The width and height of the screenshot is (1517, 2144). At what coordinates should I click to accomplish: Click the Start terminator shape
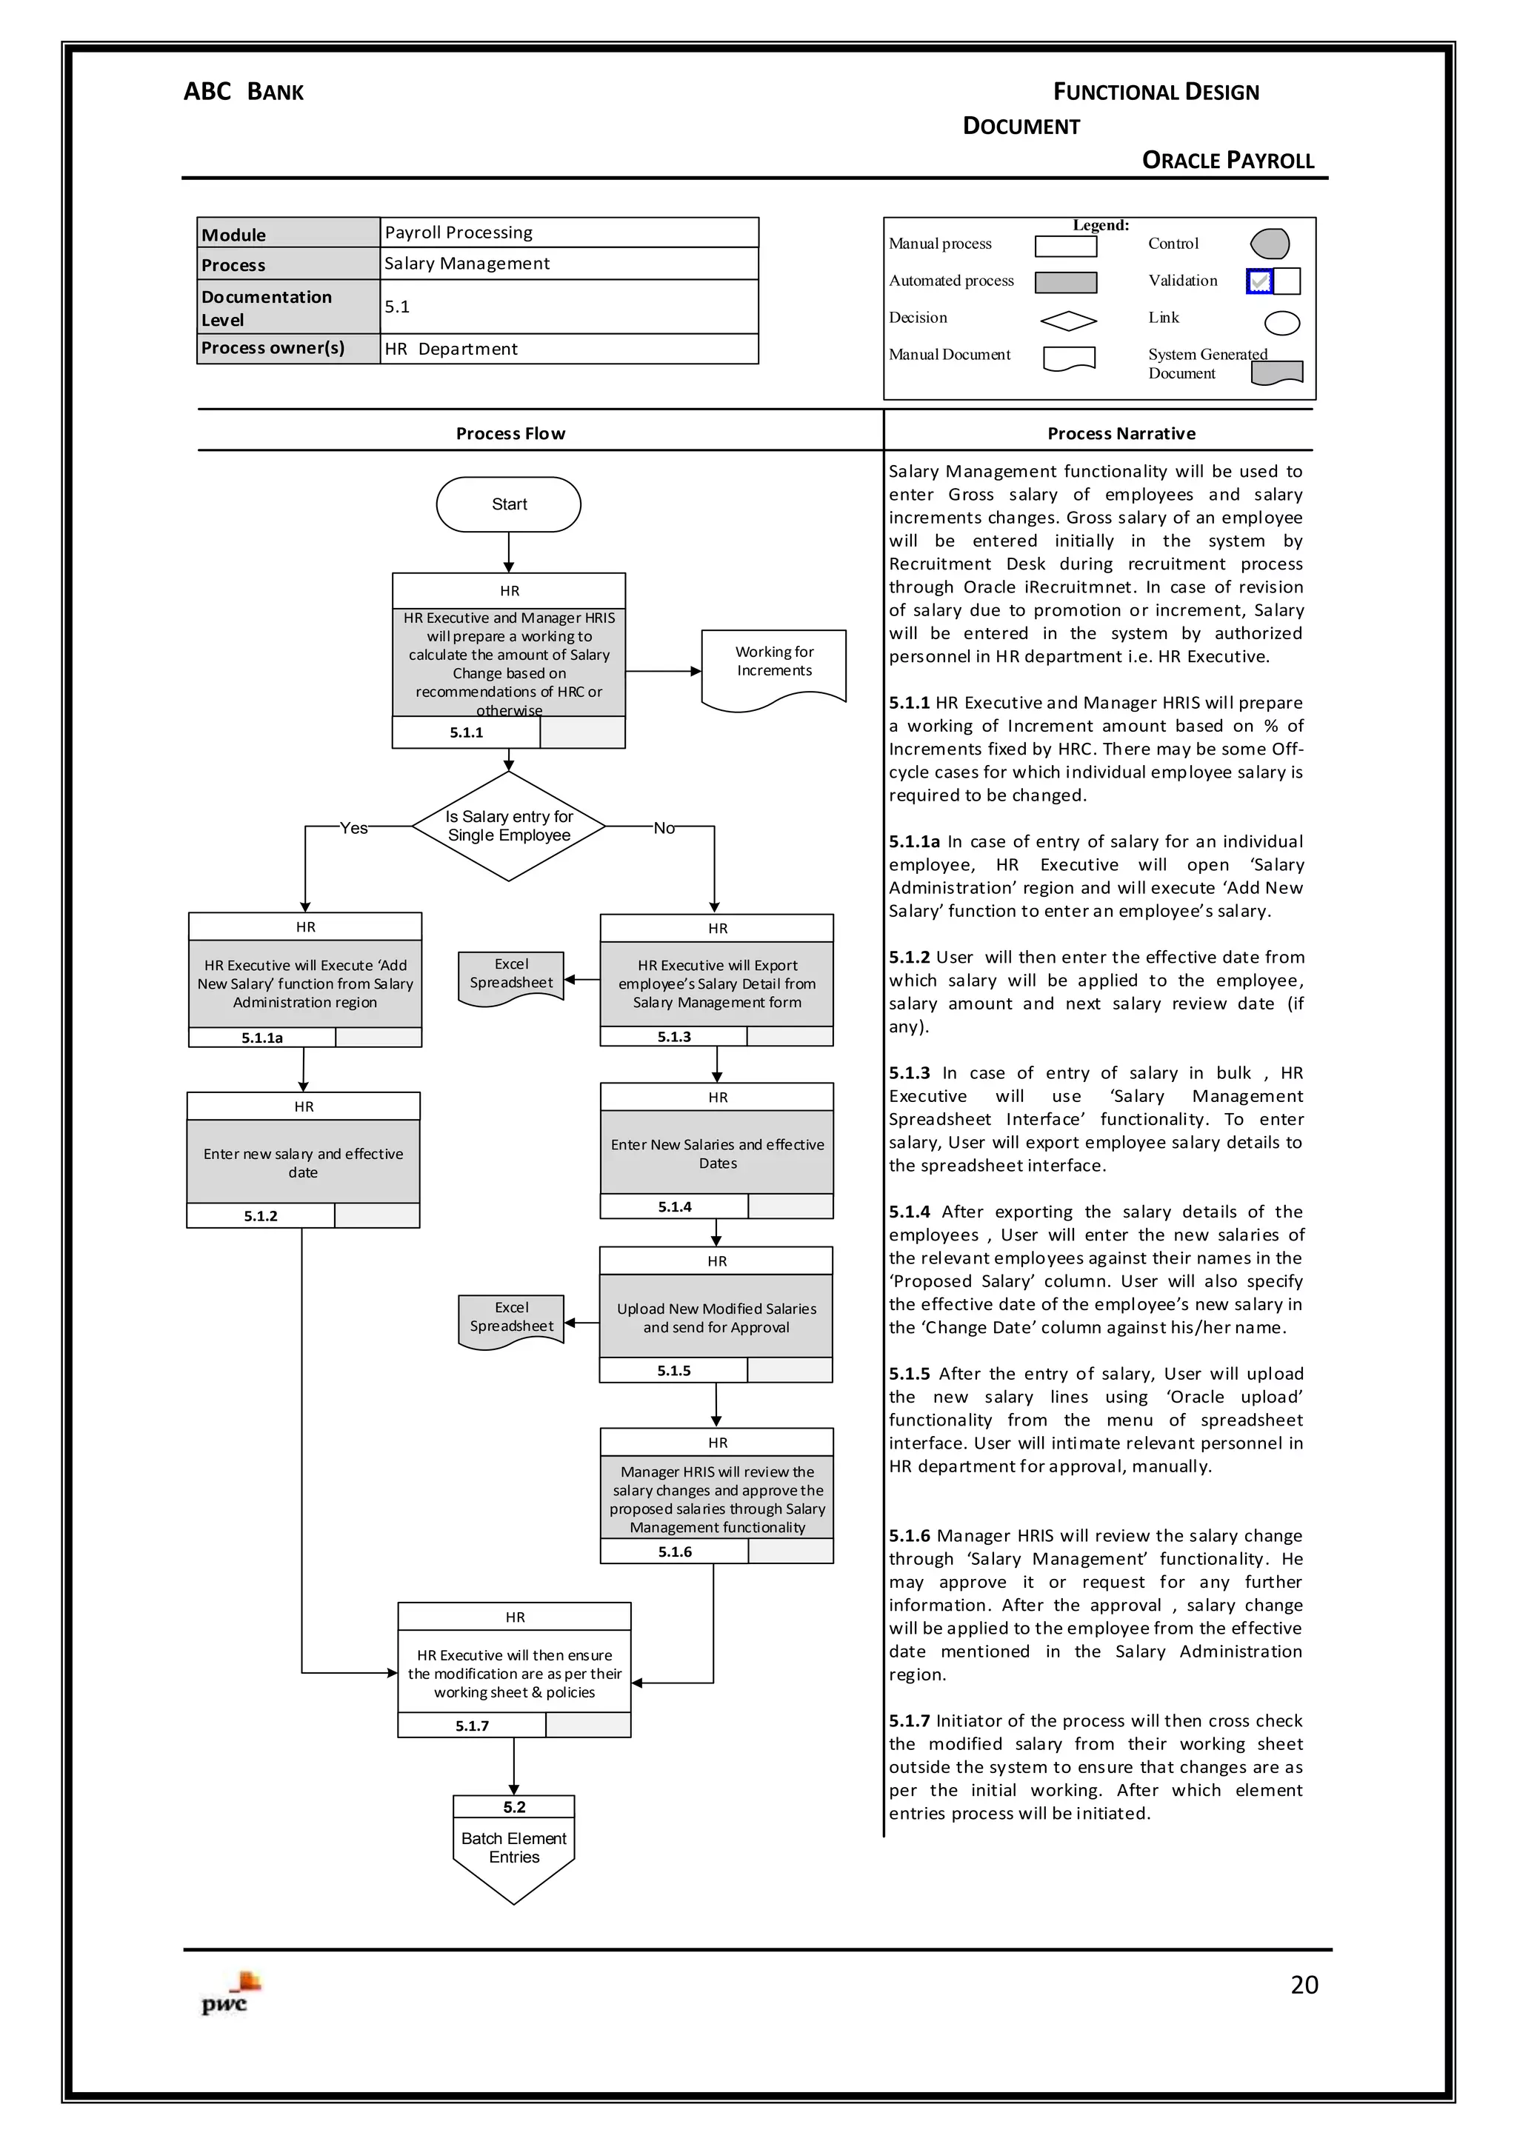click(x=508, y=504)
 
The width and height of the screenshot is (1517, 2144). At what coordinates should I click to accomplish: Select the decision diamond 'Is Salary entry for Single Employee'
click(x=508, y=826)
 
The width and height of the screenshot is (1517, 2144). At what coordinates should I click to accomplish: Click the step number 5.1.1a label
click(x=261, y=1038)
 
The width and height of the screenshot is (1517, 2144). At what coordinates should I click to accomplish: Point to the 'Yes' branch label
click(x=353, y=827)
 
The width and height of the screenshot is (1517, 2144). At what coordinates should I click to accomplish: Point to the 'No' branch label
click(x=663, y=827)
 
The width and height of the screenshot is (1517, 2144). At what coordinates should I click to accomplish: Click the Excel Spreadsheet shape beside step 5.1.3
click(x=511, y=977)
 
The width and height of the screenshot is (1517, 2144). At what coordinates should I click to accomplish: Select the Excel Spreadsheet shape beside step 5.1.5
click(x=511, y=1320)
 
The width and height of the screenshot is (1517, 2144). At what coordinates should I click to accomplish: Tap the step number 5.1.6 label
click(x=675, y=1551)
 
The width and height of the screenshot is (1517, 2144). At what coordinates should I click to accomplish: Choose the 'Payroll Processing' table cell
click(x=568, y=233)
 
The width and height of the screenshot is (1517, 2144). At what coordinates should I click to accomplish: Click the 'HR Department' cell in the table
click(x=568, y=348)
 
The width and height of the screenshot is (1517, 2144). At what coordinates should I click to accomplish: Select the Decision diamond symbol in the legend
click(x=1069, y=321)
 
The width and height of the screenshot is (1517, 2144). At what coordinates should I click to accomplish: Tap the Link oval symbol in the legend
click(x=1281, y=323)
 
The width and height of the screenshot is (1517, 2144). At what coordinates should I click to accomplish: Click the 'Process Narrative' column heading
click(x=1121, y=433)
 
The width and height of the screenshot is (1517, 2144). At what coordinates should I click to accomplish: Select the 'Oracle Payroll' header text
click(x=1227, y=161)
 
